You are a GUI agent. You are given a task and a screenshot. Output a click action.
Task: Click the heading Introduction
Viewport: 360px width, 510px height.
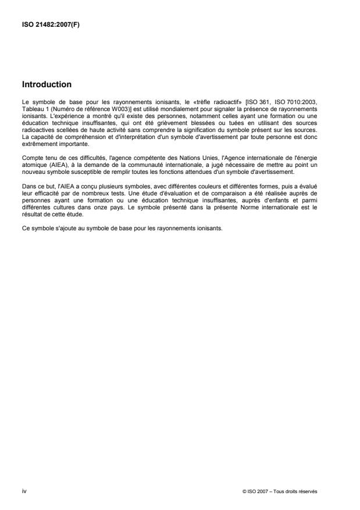(47, 84)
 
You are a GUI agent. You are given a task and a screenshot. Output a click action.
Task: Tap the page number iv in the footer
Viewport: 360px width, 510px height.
(23, 491)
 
